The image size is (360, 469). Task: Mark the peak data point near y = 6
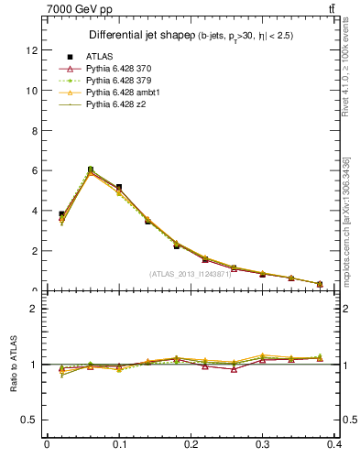point(90,169)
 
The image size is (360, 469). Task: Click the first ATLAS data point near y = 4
point(61,214)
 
